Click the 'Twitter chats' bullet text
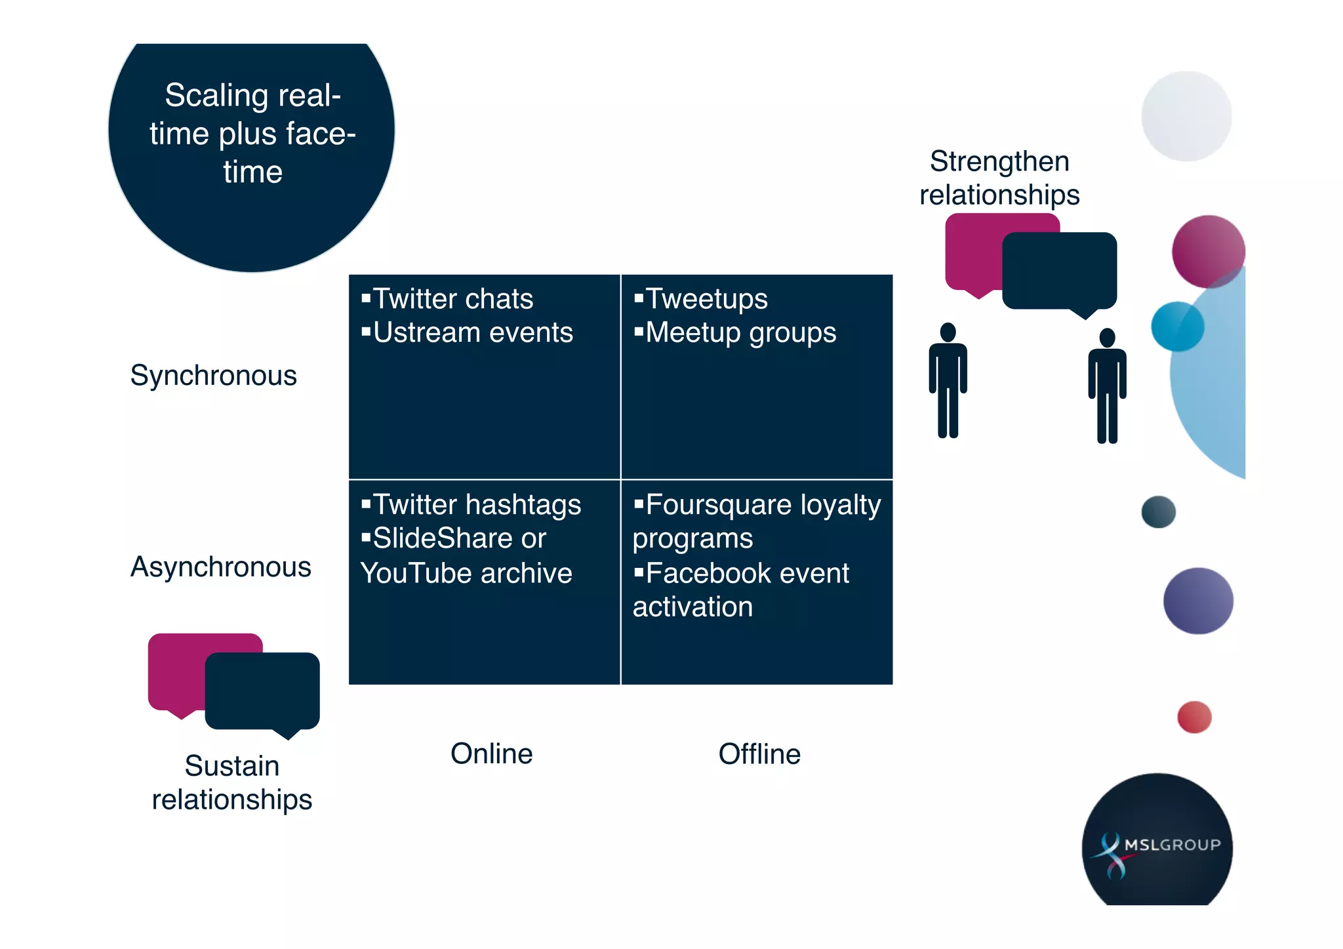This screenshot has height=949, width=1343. (452, 299)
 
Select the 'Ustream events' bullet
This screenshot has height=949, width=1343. (472, 333)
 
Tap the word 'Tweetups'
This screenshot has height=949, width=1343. (706, 299)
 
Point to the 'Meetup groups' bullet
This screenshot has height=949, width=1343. (740, 333)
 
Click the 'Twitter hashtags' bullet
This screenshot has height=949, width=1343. (477, 505)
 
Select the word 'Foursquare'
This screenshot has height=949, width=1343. (718, 505)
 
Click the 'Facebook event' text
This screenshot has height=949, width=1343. (747, 573)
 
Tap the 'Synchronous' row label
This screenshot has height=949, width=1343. (213, 376)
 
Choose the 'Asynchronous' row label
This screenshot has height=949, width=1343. (220, 567)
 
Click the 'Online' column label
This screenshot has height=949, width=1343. (491, 754)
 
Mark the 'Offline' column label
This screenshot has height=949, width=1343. (759, 754)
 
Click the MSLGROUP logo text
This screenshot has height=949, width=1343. (1172, 845)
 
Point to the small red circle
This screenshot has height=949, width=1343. (1194, 717)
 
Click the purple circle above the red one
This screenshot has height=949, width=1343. (1198, 601)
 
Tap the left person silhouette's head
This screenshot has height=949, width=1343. (948, 332)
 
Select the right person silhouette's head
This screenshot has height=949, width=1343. (1107, 337)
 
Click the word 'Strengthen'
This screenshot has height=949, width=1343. (999, 161)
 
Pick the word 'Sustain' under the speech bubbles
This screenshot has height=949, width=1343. (231, 765)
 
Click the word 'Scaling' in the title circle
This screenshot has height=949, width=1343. (216, 96)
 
